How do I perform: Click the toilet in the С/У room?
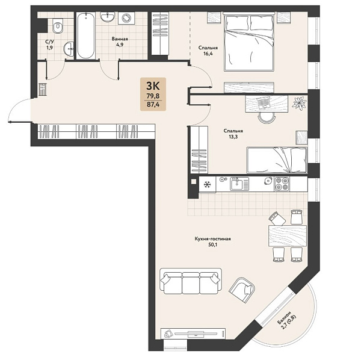click(x=58, y=26)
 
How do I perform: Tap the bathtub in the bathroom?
click(x=85, y=36)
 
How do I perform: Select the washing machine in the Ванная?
click(x=126, y=18)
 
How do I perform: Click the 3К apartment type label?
click(x=153, y=85)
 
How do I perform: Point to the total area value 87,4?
click(x=153, y=104)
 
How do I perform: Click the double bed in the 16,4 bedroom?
click(x=248, y=42)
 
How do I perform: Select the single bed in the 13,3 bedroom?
click(x=277, y=160)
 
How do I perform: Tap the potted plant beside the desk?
click(x=299, y=102)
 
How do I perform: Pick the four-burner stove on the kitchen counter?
click(x=282, y=184)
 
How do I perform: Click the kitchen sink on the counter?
click(x=239, y=184)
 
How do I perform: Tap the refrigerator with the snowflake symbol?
click(x=208, y=184)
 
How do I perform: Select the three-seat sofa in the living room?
click(x=191, y=281)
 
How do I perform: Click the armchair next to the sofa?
click(x=242, y=290)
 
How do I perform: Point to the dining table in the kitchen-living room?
click(x=288, y=236)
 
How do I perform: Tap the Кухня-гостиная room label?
click(x=212, y=239)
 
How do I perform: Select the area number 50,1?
click(x=213, y=245)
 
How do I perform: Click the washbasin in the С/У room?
click(x=69, y=49)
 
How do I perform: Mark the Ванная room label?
click(x=120, y=39)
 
